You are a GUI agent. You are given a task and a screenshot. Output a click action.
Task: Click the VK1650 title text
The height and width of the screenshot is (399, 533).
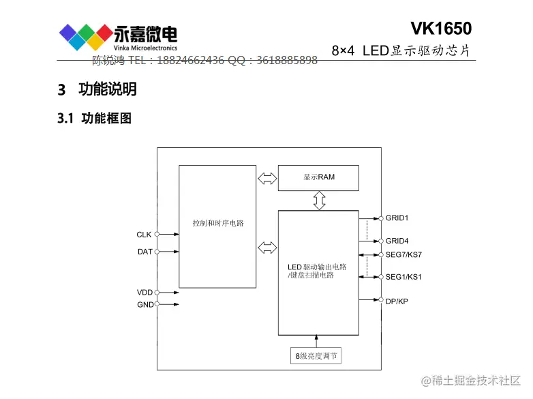tap(440, 28)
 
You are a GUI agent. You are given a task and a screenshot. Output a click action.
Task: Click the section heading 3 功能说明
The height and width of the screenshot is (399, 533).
tap(97, 89)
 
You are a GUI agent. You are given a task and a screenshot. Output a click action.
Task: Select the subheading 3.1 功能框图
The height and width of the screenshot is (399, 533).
tap(94, 119)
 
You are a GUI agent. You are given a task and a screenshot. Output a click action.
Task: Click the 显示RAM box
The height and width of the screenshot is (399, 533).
tap(318, 177)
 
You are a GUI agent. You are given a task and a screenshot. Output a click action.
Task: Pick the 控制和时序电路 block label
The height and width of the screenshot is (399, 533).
tap(218, 223)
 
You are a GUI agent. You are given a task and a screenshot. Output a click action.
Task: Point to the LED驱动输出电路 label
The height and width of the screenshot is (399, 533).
tap(317, 266)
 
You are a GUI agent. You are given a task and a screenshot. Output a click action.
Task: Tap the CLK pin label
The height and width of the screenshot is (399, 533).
tap(144, 235)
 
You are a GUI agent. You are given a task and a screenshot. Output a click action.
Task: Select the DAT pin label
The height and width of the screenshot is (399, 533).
tap(144, 252)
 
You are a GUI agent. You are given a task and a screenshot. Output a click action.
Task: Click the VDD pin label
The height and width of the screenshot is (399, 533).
tap(144, 293)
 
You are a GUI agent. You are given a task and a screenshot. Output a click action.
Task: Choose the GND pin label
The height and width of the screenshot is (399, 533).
tap(145, 304)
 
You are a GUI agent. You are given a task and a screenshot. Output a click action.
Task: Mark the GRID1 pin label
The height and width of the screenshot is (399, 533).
tap(397, 218)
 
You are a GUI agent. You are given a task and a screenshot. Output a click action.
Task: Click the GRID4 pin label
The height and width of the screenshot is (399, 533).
tap(397, 241)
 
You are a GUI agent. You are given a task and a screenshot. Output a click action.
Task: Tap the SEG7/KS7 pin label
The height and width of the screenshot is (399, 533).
tap(403, 254)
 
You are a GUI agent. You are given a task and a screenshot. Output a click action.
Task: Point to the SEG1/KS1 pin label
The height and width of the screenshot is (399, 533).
tap(403, 277)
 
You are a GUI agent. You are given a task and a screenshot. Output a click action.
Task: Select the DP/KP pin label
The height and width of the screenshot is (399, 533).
tap(397, 300)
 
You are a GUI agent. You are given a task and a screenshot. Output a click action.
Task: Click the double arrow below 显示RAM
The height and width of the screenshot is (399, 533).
tap(319, 201)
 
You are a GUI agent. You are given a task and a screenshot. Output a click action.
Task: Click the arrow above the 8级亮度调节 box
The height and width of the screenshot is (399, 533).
tap(317, 341)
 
